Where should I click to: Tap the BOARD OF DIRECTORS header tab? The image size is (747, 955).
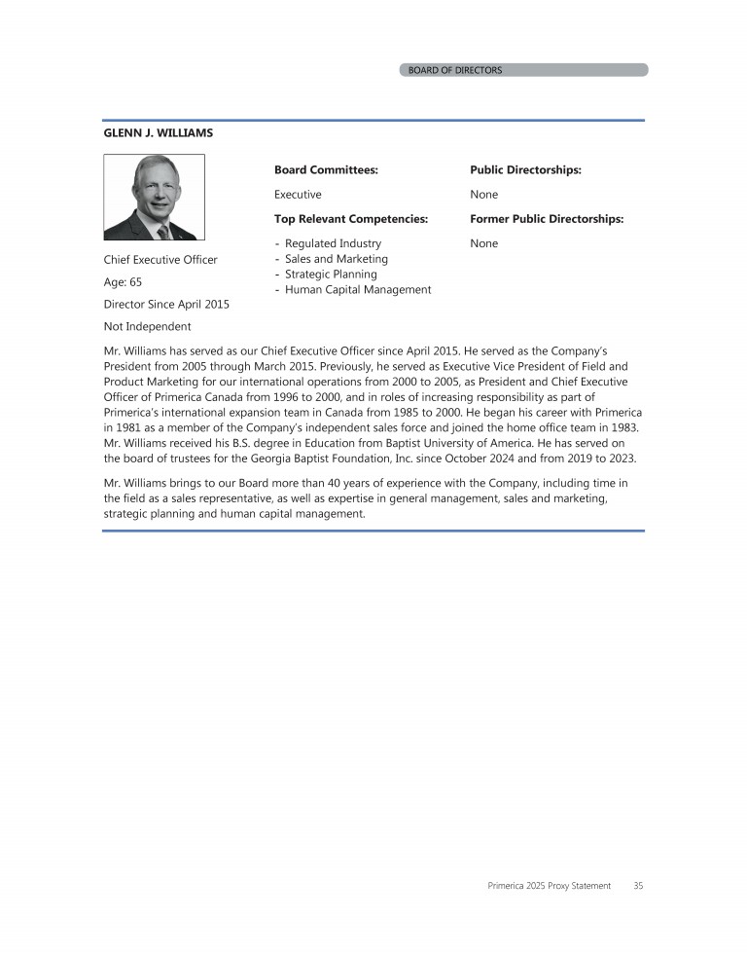tap(455, 70)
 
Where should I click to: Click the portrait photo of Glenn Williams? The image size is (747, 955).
tap(154, 197)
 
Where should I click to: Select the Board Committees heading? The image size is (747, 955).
tap(325, 169)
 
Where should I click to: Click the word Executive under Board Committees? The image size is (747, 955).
tap(298, 195)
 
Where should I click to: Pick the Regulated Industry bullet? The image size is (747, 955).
tap(333, 243)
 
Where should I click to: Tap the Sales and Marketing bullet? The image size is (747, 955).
tap(336, 259)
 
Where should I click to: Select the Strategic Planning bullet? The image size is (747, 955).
tap(331, 275)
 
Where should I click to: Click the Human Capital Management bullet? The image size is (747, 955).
tap(358, 289)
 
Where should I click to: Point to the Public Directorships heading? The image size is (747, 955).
tap(525, 169)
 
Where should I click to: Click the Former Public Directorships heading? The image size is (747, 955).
tap(547, 219)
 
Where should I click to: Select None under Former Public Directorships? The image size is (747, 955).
tap(483, 243)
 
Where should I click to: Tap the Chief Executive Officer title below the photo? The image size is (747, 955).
tap(160, 260)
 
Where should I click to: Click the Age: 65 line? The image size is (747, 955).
tap(123, 282)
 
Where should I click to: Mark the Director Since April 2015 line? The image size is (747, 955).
tap(166, 305)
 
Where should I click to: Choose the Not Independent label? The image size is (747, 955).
tap(147, 326)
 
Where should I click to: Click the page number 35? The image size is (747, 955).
tap(638, 886)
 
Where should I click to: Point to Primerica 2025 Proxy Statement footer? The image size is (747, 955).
tap(550, 886)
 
